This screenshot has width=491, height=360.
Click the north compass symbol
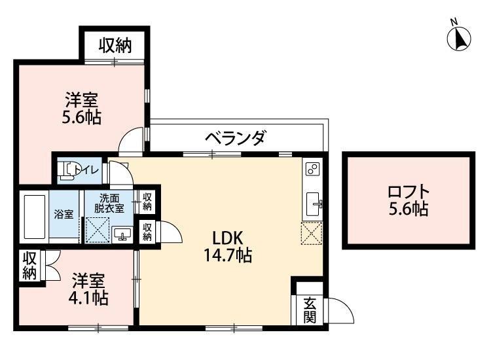click(x=459, y=38)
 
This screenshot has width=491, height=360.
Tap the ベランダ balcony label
click(x=236, y=137)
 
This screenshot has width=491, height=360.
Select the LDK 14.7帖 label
click(x=228, y=247)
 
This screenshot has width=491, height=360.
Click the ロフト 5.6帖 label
click(x=409, y=200)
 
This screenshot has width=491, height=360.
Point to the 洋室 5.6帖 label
click(x=82, y=108)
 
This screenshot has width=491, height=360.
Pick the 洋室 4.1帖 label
click(x=88, y=289)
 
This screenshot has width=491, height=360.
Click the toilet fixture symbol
click(x=69, y=171)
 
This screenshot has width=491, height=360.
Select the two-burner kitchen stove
click(x=312, y=170)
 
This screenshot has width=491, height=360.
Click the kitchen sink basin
click(x=313, y=204)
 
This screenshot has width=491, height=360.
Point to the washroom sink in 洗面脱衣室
click(x=122, y=234)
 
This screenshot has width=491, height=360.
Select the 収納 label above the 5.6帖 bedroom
click(x=115, y=46)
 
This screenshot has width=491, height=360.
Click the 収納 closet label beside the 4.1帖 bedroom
click(x=29, y=266)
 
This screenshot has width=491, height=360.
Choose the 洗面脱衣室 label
click(x=109, y=204)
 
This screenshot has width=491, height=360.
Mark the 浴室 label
click(x=64, y=214)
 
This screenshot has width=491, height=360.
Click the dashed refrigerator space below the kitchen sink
click(x=312, y=232)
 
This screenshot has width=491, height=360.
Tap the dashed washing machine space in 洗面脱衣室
click(x=98, y=230)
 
